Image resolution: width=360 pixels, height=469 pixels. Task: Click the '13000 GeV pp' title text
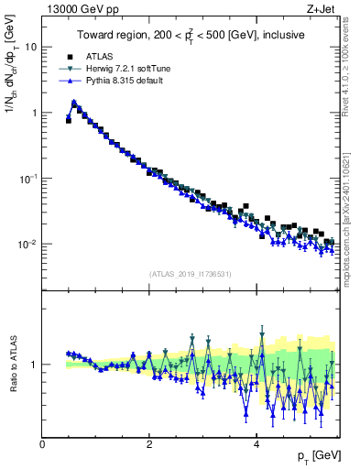pos(78,8)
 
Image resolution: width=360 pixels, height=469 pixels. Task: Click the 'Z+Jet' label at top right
pos(321,8)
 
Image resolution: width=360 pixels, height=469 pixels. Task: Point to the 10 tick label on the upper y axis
pos(31,47)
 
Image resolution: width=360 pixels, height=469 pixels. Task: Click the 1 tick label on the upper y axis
pos(34,113)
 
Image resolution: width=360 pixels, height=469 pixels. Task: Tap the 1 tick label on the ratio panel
pos(35,365)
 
